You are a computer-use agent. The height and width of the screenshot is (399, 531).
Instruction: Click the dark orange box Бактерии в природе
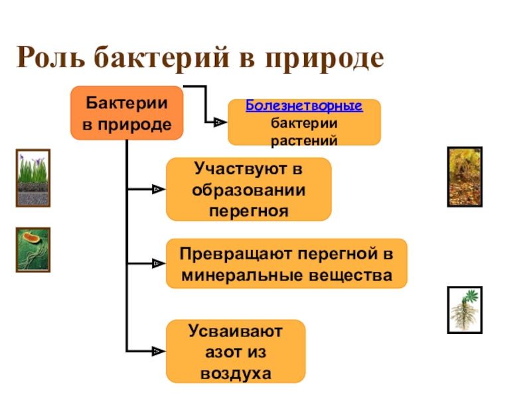pos(127,113)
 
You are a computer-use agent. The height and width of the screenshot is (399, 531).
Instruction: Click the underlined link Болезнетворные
pos(304,106)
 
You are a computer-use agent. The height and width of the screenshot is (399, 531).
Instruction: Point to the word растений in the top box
pos(304,140)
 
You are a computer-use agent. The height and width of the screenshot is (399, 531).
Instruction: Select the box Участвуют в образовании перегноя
pos(248,190)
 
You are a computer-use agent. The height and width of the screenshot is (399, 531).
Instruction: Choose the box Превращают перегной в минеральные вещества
pos(286,264)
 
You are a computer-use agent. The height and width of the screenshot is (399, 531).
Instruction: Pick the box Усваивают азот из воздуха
pos(235,352)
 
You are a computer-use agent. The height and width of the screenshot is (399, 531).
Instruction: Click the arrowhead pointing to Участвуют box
pos(157,190)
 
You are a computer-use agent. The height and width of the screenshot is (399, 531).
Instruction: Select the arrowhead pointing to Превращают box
pos(157,264)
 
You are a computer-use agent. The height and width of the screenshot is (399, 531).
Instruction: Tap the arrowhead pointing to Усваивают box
pos(157,351)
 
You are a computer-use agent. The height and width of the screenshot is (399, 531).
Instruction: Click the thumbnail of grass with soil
pos(33,178)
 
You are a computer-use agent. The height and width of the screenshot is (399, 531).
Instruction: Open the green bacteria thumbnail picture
pos(33,249)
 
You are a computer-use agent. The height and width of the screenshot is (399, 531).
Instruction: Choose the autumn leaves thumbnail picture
pos(465,176)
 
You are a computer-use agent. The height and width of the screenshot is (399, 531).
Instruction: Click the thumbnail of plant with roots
pos(465,309)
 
